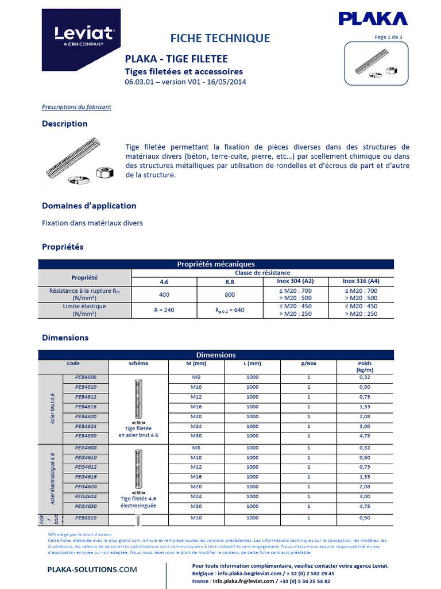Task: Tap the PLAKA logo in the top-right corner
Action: point(373,19)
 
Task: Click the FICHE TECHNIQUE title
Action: point(220,39)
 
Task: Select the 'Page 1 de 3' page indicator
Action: point(388,37)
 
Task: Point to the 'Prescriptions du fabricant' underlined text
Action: point(76,107)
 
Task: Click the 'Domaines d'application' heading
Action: point(89,206)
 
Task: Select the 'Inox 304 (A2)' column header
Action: point(295,281)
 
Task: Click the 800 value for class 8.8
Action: point(230,294)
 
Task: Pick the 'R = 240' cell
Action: point(165,310)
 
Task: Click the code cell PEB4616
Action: point(86,407)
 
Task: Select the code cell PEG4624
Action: point(86,496)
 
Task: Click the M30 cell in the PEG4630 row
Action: point(197,506)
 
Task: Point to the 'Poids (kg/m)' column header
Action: point(365,367)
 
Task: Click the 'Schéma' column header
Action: point(138,364)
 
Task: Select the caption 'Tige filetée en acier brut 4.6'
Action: point(138,432)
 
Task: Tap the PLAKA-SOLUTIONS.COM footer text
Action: point(92,569)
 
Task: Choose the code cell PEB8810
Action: point(86,518)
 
